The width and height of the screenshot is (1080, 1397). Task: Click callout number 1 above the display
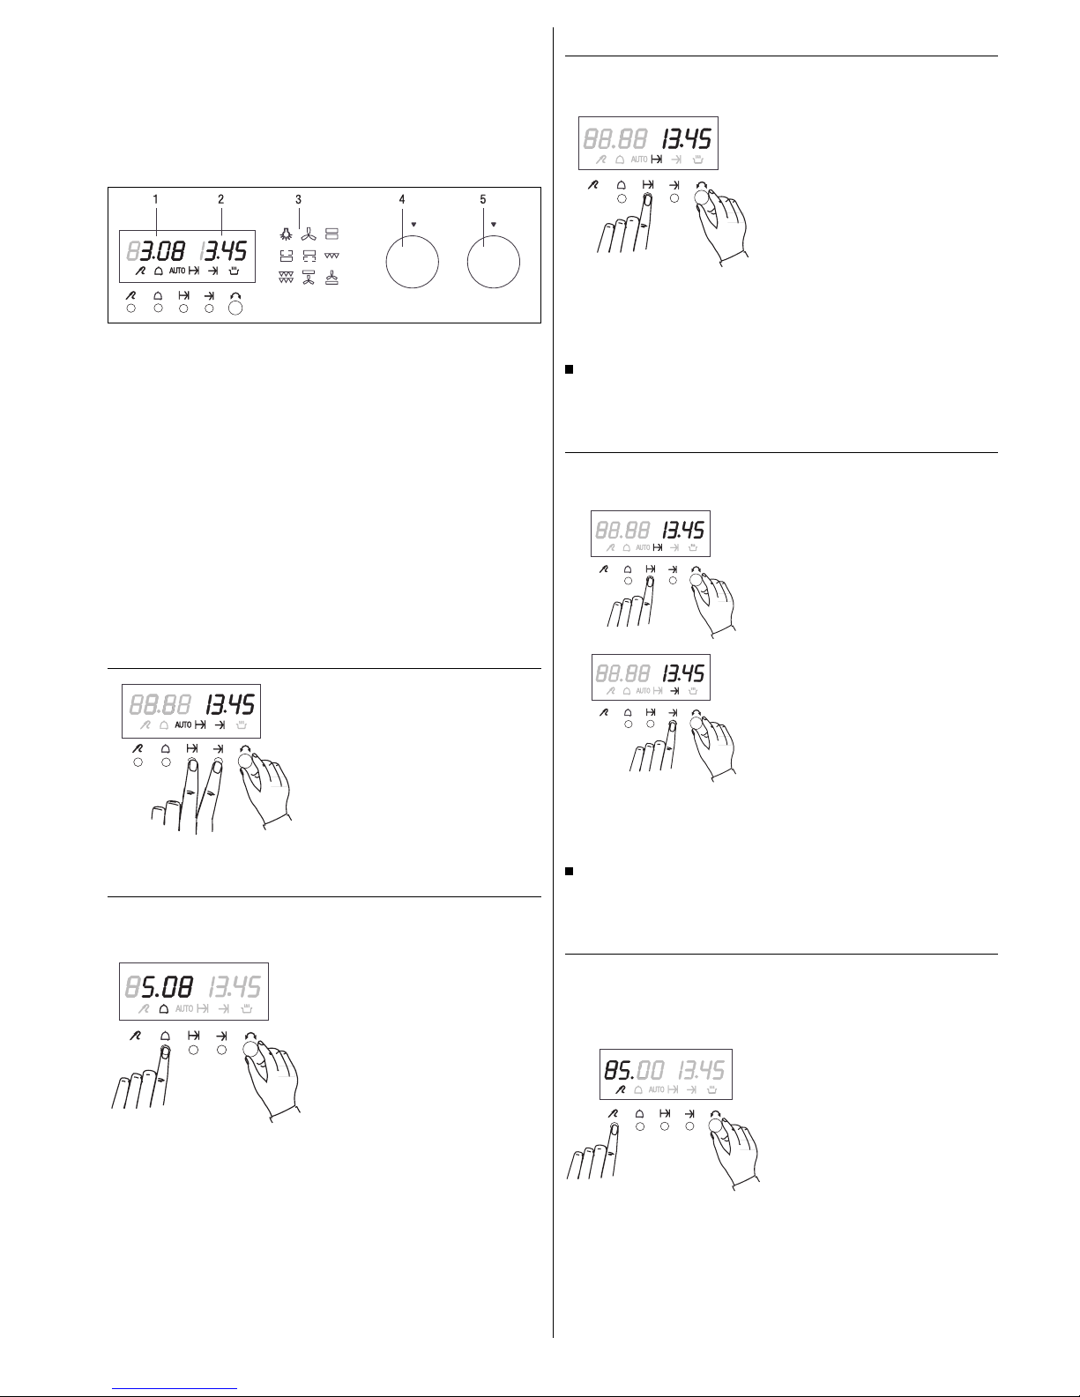click(155, 199)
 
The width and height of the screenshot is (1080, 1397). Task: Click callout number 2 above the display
click(220, 199)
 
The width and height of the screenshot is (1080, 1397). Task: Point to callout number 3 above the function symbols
click(298, 199)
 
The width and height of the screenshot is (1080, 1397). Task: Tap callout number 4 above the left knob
click(402, 199)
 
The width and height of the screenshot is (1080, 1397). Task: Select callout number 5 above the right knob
click(483, 199)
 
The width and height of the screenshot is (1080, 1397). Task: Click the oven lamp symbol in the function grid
click(286, 234)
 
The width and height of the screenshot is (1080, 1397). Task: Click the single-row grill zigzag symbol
click(331, 256)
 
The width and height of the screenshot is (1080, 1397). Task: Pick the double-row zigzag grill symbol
click(286, 277)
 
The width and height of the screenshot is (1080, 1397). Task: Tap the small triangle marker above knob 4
click(414, 225)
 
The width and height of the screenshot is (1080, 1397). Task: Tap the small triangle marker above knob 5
click(494, 225)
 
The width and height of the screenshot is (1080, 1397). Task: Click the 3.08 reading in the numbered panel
click(162, 250)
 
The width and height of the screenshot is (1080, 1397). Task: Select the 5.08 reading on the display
click(167, 987)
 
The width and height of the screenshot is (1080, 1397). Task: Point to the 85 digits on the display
click(618, 1070)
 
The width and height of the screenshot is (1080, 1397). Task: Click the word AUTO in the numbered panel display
click(177, 271)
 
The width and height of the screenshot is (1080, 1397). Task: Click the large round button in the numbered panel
click(236, 308)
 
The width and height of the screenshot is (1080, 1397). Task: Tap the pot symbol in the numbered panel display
click(235, 271)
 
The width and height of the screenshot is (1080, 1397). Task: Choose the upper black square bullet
click(569, 369)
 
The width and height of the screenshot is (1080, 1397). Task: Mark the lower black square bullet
click(569, 871)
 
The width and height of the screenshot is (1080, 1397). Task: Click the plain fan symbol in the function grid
click(309, 234)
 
